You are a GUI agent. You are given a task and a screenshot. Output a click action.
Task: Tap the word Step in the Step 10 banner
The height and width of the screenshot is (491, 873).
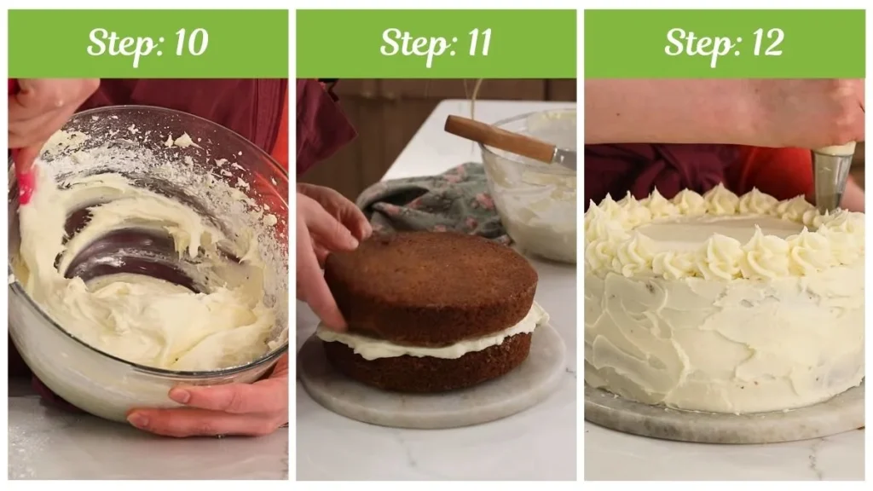pos(118,43)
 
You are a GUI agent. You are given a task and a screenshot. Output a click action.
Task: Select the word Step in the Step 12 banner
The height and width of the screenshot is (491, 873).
pos(695,43)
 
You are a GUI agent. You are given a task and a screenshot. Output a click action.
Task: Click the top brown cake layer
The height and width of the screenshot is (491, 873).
pos(430,281)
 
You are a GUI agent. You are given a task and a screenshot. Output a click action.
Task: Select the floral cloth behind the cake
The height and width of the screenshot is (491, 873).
pos(426,200)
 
